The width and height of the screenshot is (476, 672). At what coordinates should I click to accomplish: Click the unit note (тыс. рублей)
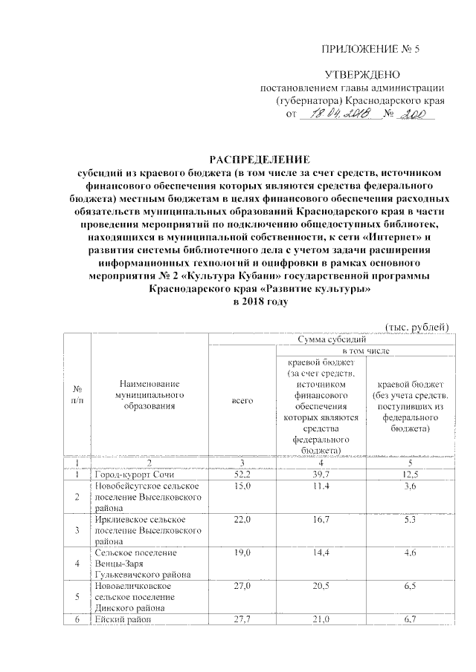click(x=416, y=327)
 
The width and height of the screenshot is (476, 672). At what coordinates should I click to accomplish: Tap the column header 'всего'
click(x=242, y=401)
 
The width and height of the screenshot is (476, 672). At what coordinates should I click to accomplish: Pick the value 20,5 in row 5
click(x=322, y=586)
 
